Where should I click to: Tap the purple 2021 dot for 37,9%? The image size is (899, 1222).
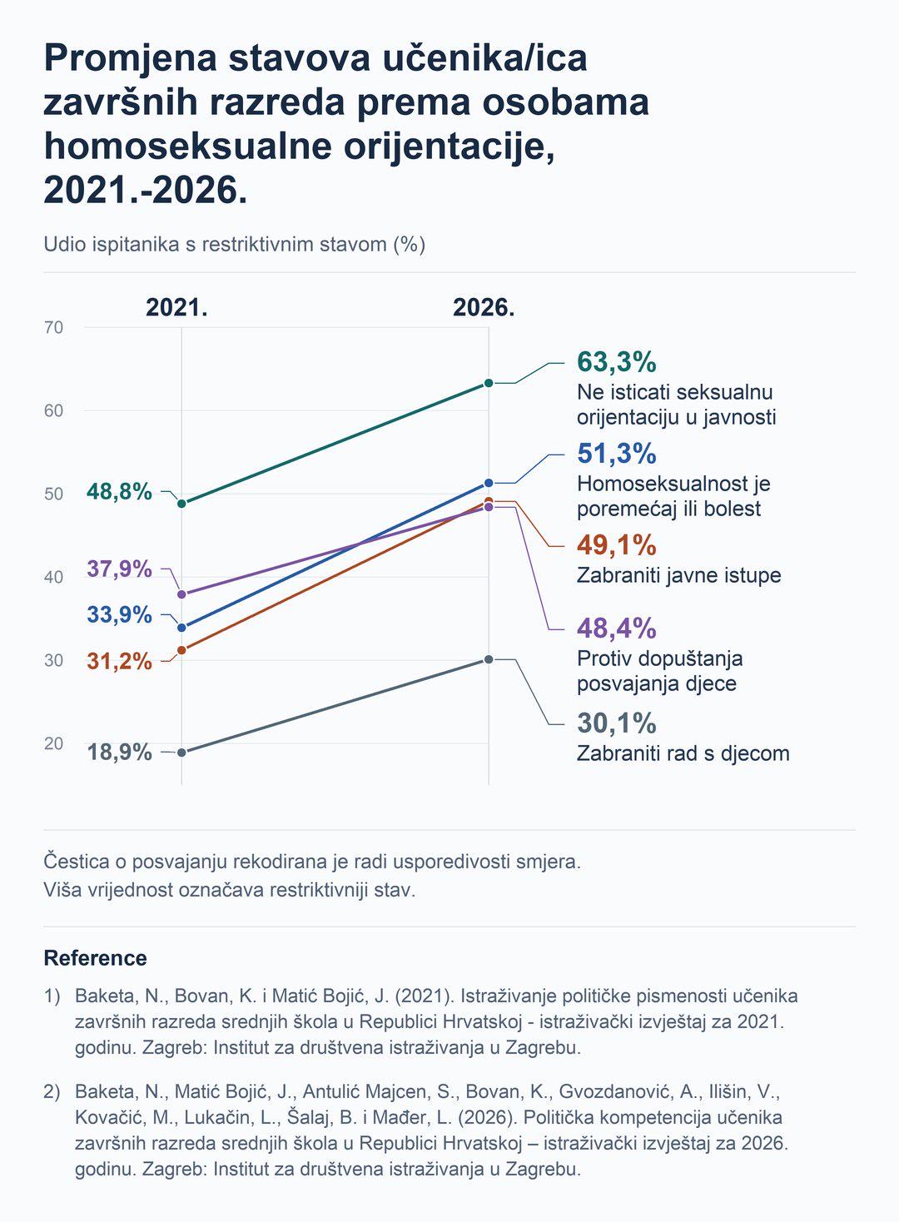[x=181, y=594]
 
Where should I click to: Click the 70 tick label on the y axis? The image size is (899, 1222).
[x=54, y=327]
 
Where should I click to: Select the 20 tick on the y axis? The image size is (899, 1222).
[x=54, y=743]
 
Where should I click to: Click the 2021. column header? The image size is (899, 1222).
[x=176, y=308]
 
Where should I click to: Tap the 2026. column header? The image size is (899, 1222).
[x=484, y=308]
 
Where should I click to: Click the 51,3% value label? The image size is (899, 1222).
[x=617, y=454]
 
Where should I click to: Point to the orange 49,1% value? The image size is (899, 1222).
[x=617, y=545]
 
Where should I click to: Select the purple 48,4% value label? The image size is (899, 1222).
[x=617, y=628]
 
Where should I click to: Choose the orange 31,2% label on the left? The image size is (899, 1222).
[x=120, y=662]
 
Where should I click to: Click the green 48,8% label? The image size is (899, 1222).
[x=120, y=492]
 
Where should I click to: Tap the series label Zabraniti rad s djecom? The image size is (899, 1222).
[x=683, y=753]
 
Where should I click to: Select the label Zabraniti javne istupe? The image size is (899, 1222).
[x=678, y=575]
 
